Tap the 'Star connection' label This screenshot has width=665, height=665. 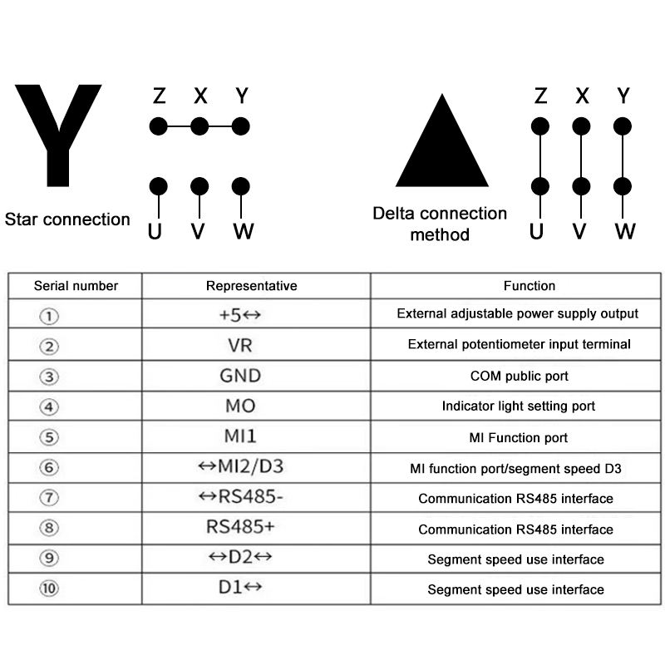coord(67,219)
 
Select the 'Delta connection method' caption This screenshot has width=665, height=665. coord(440,224)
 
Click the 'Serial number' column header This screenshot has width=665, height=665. coord(76,286)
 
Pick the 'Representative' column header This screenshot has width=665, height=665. coord(251,286)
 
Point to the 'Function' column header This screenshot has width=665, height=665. coord(530,286)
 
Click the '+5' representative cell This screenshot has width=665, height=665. coord(239,315)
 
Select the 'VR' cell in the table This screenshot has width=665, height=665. coord(239,345)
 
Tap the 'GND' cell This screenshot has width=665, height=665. coord(239,376)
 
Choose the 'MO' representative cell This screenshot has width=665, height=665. coord(239,406)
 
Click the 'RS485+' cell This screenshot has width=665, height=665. coord(239,527)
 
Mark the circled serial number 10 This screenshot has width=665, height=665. coord(51,589)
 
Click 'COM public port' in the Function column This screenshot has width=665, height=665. coord(520,377)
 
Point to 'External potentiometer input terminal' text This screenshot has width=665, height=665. coord(520,344)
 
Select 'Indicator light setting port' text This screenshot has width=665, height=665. coord(519,406)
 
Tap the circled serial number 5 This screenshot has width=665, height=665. coord(51,437)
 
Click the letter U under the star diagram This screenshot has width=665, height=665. coord(155,231)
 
